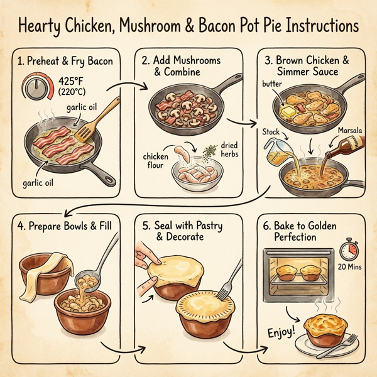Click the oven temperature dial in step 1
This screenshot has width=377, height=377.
[x=36, y=89]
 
